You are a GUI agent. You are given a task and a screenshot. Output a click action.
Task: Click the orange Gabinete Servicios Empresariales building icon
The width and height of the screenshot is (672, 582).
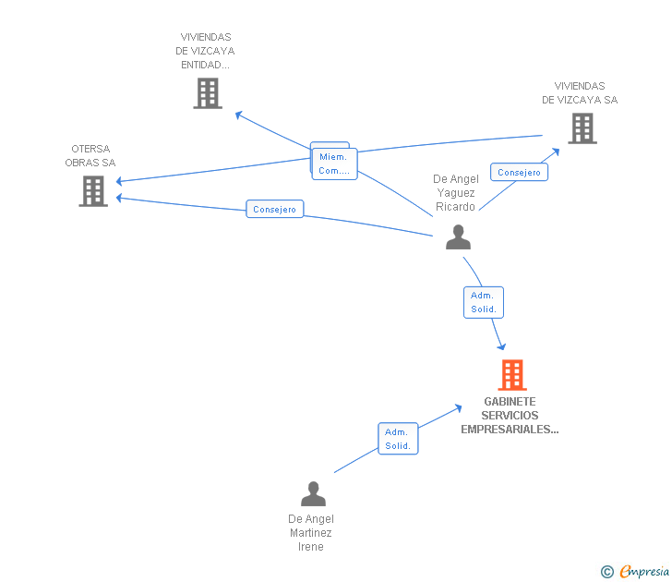pyautogui.click(x=512, y=375)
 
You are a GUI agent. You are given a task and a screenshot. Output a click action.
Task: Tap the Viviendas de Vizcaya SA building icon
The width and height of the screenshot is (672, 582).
pyautogui.click(x=582, y=128)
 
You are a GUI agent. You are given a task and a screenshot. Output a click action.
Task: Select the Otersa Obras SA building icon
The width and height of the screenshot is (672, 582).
pyautogui.click(x=93, y=191)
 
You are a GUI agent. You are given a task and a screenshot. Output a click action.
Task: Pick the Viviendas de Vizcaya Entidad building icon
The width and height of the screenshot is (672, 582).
pyautogui.click(x=208, y=93)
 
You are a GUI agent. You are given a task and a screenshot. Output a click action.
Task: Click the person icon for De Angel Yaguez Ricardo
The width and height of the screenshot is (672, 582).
pyautogui.click(x=458, y=237)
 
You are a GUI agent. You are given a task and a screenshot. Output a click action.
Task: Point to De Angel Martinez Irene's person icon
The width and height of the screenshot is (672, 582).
pyautogui.click(x=313, y=494)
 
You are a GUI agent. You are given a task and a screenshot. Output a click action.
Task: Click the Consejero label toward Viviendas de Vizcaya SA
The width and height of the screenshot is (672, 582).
pyautogui.click(x=519, y=172)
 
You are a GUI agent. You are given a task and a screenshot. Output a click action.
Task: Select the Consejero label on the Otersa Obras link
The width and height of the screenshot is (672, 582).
pyautogui.click(x=275, y=210)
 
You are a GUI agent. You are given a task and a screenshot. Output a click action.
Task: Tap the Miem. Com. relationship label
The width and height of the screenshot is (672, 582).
pyautogui.click(x=334, y=164)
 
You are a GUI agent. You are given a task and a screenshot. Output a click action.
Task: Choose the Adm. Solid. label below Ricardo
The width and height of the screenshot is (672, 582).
pyautogui.click(x=484, y=302)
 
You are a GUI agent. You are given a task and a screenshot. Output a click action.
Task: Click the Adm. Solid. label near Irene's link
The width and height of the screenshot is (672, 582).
pyautogui.click(x=398, y=439)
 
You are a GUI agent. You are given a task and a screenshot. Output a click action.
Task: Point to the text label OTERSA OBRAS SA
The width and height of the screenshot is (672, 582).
pyautogui.click(x=90, y=155)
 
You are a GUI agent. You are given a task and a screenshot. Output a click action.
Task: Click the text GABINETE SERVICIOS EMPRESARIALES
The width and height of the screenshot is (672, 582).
pyautogui.click(x=510, y=416)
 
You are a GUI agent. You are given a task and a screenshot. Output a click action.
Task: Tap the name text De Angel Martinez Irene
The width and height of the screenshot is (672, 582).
pyautogui.click(x=311, y=533)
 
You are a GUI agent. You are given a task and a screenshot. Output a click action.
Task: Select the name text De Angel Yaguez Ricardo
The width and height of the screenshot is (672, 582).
pyautogui.click(x=454, y=193)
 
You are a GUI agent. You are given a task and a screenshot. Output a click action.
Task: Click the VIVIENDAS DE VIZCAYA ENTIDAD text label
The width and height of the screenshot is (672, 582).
pyautogui.click(x=205, y=51)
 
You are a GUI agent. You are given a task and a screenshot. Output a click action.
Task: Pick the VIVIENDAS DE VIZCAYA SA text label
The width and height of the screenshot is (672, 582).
pyautogui.click(x=580, y=92)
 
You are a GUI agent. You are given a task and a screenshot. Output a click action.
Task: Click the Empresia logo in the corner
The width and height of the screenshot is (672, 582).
pyautogui.click(x=644, y=571)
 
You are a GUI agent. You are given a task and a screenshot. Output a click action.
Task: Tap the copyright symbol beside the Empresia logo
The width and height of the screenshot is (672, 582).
pyautogui.click(x=607, y=572)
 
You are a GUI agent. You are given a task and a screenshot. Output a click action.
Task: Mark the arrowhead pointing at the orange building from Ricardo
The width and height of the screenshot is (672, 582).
pyautogui.click(x=502, y=347)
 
